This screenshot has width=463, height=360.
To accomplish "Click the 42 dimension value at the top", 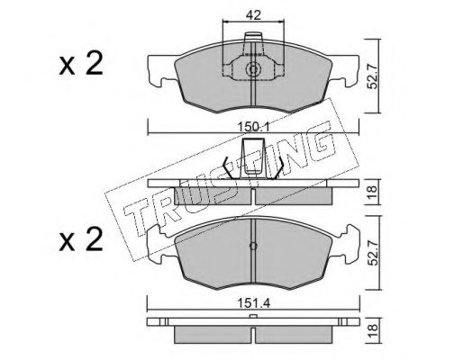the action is (253, 15).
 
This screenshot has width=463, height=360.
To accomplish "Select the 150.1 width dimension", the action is (254, 127).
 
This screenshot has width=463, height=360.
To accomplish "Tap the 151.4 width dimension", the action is (254, 303).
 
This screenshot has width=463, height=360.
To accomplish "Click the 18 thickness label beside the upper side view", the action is (372, 192).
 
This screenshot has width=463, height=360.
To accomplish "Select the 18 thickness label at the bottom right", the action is (372, 330).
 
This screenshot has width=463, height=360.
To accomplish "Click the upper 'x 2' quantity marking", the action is (81, 64).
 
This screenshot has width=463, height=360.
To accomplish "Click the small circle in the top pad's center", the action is (253, 69).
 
